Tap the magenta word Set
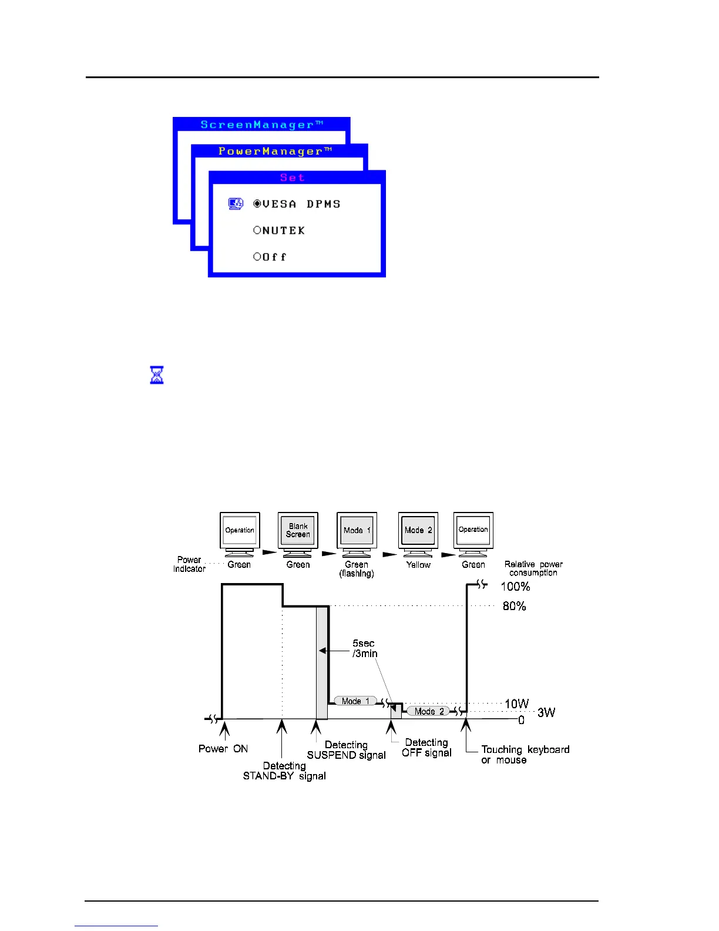(x=292, y=178)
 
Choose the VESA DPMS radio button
(x=257, y=204)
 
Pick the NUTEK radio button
(x=257, y=230)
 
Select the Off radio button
(x=257, y=257)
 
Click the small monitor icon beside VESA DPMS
(x=236, y=204)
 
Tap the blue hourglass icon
(x=157, y=374)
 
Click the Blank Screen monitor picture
(x=298, y=534)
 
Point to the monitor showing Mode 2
(x=418, y=534)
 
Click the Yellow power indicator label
(x=418, y=565)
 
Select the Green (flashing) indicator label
(x=357, y=569)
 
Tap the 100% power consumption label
(x=515, y=587)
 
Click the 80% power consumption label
(x=514, y=606)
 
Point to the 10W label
(x=516, y=704)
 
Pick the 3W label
(x=546, y=712)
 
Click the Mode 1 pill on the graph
(x=355, y=701)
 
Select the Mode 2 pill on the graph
(x=428, y=711)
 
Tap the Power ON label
(x=223, y=749)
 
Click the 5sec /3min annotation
(x=365, y=648)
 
